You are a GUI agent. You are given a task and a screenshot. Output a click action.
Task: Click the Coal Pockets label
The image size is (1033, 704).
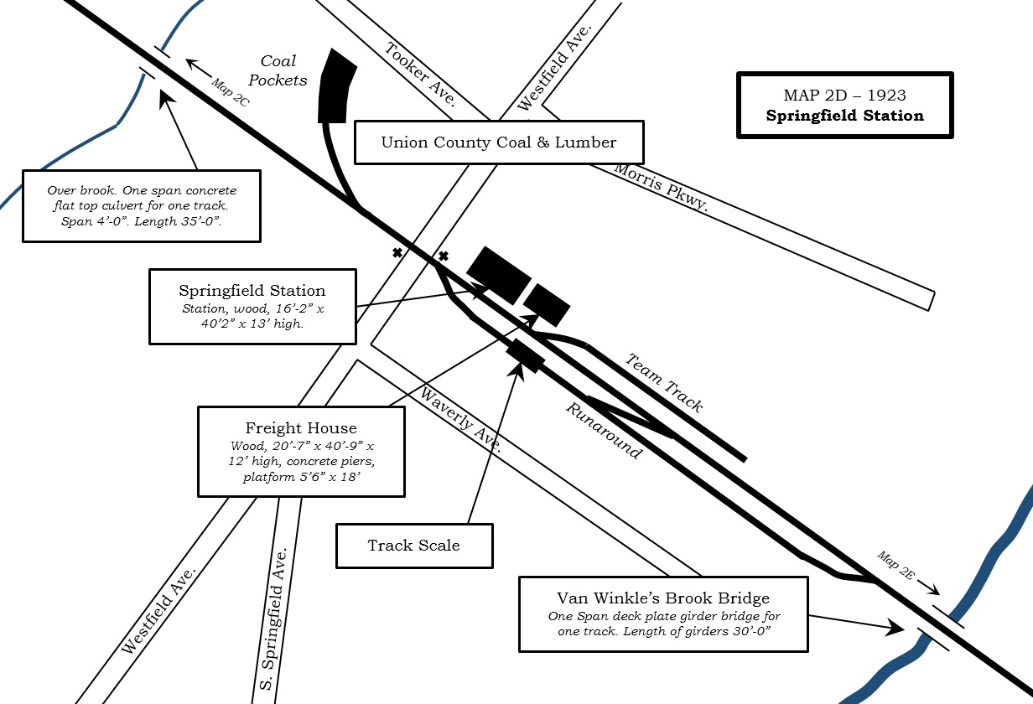(x=278, y=70)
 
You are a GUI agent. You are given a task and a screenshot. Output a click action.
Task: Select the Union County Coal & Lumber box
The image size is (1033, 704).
(x=499, y=142)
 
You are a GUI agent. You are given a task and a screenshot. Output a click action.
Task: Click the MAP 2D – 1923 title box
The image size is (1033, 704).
(x=845, y=105)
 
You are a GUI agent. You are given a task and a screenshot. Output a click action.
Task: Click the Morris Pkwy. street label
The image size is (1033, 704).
(x=661, y=187)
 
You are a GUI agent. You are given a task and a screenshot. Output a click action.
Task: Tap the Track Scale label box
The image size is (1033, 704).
(x=414, y=546)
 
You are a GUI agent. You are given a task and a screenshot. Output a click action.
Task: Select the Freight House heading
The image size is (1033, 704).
(x=301, y=427)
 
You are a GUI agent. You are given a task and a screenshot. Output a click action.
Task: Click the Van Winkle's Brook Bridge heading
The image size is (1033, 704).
(x=663, y=598)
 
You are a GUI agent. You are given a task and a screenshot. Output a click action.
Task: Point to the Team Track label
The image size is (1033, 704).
(x=664, y=383)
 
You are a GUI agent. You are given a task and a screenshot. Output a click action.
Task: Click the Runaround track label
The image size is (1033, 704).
(x=604, y=431)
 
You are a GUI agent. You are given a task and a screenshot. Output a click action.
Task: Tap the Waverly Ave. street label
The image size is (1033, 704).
(x=460, y=420)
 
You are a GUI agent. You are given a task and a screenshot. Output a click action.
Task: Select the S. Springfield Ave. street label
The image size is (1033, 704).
(x=274, y=619)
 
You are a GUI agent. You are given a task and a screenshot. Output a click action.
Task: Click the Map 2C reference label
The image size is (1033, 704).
(x=231, y=92)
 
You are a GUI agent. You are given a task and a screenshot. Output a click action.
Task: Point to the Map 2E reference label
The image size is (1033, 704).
(x=895, y=565)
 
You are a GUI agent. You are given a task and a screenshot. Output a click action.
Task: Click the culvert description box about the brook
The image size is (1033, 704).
(x=142, y=206)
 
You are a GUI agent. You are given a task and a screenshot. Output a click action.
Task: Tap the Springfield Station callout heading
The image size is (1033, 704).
(x=252, y=291)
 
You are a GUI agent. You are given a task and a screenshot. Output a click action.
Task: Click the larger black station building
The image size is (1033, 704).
(x=499, y=275)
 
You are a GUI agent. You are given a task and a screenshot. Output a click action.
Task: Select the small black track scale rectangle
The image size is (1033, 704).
(x=525, y=355)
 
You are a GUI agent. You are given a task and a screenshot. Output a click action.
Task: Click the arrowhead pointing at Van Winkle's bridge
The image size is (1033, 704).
(x=895, y=628)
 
